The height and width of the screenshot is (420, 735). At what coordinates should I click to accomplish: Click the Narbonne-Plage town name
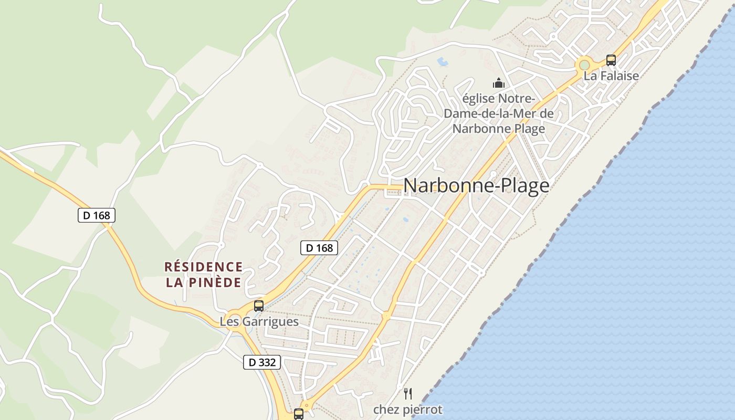[x=476, y=186]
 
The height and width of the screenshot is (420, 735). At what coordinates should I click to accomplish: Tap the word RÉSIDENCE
[x=204, y=267]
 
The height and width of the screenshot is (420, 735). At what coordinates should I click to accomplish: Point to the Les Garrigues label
[x=259, y=321]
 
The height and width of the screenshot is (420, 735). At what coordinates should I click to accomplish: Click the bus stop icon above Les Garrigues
[x=259, y=306]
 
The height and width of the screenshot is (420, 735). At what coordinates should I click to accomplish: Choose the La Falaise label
[x=611, y=76]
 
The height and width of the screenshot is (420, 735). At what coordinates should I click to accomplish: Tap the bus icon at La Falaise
[x=611, y=60]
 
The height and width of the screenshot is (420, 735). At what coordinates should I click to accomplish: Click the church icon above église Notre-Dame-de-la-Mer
[x=498, y=83]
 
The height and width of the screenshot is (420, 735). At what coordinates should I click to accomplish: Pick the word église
[x=479, y=99]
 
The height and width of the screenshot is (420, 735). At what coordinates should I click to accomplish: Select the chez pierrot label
[x=408, y=409]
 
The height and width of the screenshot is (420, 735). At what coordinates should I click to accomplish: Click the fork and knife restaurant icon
[x=408, y=393]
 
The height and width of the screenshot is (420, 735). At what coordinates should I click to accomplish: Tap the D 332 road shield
[x=262, y=362]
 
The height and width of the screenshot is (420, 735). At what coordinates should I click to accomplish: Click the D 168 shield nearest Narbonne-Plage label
[x=319, y=248]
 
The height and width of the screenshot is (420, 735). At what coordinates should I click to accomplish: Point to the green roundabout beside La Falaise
[x=584, y=65]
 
